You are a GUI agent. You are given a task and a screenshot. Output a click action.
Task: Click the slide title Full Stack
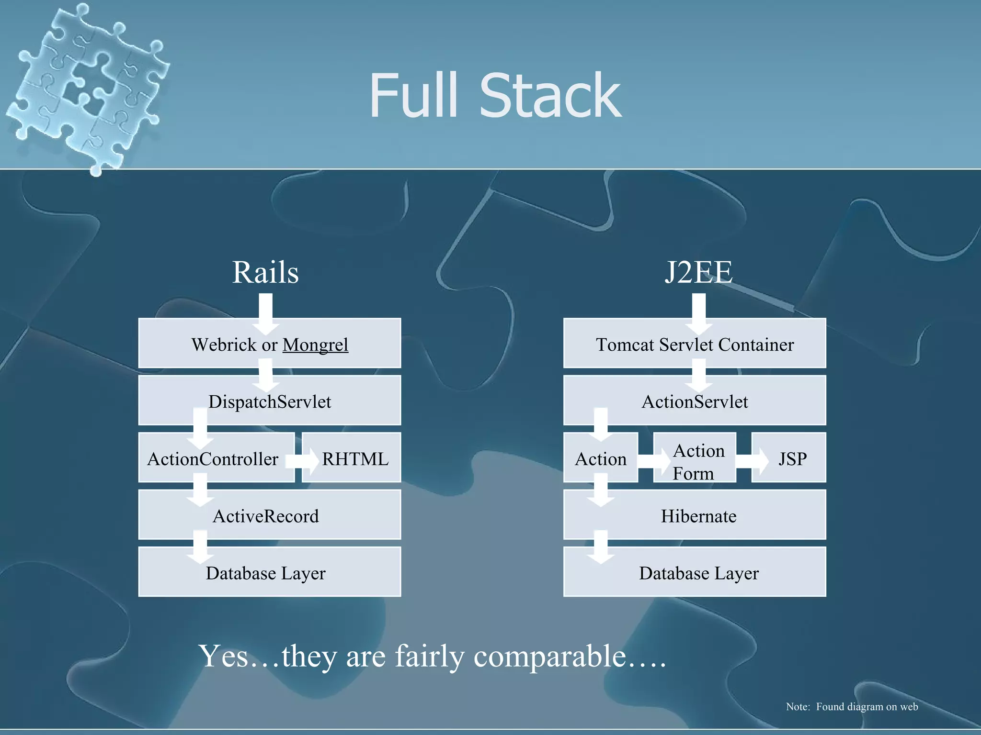tap(495, 96)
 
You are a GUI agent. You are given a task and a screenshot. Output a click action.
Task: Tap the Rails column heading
tap(265, 272)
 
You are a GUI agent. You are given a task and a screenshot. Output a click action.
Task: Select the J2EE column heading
tap(698, 272)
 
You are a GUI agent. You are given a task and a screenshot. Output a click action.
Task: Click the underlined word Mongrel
tap(315, 345)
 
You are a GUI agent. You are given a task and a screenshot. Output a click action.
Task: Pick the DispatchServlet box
tap(270, 401)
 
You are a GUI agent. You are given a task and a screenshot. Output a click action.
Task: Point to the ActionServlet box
tap(695, 401)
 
